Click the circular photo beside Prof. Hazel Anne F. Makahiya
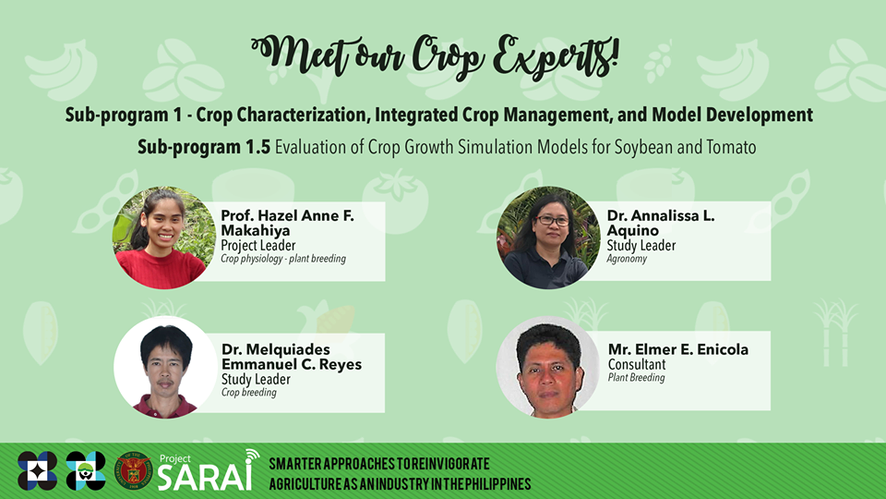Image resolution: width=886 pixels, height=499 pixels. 164,237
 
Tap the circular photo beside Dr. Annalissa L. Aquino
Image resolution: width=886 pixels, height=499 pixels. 548,237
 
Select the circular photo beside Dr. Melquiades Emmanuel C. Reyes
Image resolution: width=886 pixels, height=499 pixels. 165,367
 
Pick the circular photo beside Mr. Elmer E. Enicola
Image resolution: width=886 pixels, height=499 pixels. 548,367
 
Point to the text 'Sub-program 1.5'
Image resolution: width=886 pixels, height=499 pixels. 204,147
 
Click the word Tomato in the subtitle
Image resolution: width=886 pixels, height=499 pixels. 731,147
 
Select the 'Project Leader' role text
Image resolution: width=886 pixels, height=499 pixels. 258,246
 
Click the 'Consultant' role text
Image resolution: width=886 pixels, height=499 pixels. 637,364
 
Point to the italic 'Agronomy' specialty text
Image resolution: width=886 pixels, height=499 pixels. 627,259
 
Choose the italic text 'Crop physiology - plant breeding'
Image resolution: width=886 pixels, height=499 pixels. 283,259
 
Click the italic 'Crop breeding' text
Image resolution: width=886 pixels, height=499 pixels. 248,392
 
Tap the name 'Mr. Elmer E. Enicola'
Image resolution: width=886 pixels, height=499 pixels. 678,349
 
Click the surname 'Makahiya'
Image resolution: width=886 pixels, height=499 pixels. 256,230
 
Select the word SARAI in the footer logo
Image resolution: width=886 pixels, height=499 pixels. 205,477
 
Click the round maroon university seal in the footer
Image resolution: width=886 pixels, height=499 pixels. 133,470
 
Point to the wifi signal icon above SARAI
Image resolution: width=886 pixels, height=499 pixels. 252,456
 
